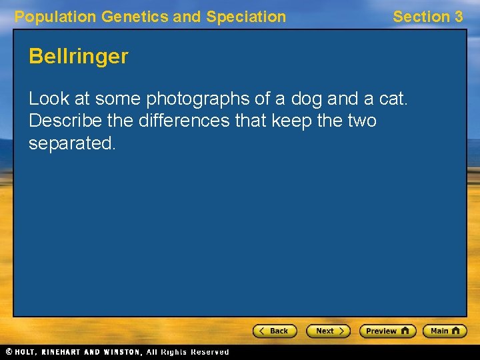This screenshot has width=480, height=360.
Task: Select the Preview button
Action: [387, 331]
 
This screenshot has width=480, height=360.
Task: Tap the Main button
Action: [445, 331]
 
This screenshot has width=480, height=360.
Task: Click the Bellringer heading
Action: [78, 57]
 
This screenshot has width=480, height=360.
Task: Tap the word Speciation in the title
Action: [246, 17]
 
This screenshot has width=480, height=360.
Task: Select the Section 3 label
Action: [427, 17]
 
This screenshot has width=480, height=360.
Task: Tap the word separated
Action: [72, 143]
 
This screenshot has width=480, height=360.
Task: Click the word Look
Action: [49, 99]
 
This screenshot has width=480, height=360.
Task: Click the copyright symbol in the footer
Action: [9, 352]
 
